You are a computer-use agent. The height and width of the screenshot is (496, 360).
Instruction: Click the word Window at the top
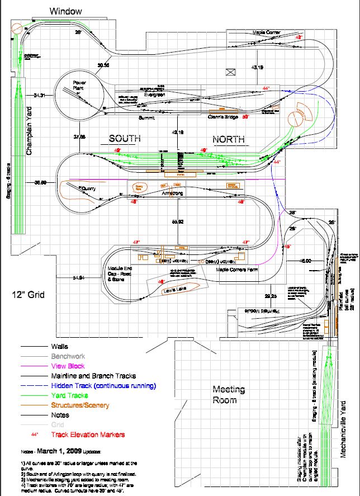(65, 11)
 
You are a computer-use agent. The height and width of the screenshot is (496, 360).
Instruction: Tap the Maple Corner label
(266, 33)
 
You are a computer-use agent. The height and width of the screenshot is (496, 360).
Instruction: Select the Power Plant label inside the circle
(81, 85)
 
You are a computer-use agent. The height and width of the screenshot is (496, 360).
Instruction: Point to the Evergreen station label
(155, 95)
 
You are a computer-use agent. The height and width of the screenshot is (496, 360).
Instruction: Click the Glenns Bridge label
(223, 117)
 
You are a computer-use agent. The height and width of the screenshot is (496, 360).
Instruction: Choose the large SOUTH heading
(124, 138)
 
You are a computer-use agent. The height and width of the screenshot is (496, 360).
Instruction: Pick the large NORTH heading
(231, 138)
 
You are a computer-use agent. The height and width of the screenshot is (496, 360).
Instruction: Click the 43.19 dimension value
(257, 68)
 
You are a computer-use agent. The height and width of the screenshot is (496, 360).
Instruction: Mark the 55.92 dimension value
(178, 222)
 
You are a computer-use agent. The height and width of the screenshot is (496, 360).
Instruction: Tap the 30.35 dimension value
(103, 65)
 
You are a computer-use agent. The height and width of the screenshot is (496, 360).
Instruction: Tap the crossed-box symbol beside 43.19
(229, 72)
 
